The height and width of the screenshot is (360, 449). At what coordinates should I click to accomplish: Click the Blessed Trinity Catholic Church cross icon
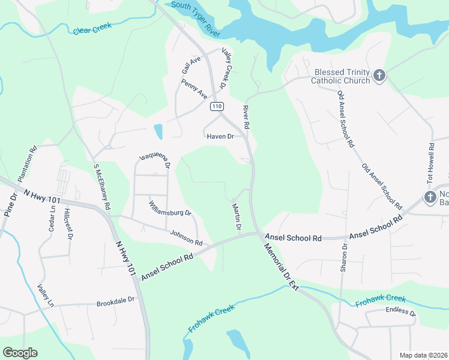coord(379,76)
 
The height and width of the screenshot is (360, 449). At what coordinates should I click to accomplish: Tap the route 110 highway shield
coord(217,106)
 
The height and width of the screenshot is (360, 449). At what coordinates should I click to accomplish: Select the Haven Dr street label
coord(220,136)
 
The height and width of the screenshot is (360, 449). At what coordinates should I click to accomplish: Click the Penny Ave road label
coord(194,89)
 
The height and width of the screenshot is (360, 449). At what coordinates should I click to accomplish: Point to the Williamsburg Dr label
coord(170,208)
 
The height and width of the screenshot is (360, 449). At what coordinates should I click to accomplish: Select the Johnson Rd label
coord(188,238)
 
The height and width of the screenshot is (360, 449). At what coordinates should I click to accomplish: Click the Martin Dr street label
coord(236,217)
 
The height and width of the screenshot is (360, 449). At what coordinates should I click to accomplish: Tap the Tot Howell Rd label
coord(430,164)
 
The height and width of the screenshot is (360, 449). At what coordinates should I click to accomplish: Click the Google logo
coord(20,353)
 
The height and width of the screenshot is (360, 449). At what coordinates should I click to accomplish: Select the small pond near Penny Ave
coord(158,131)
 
